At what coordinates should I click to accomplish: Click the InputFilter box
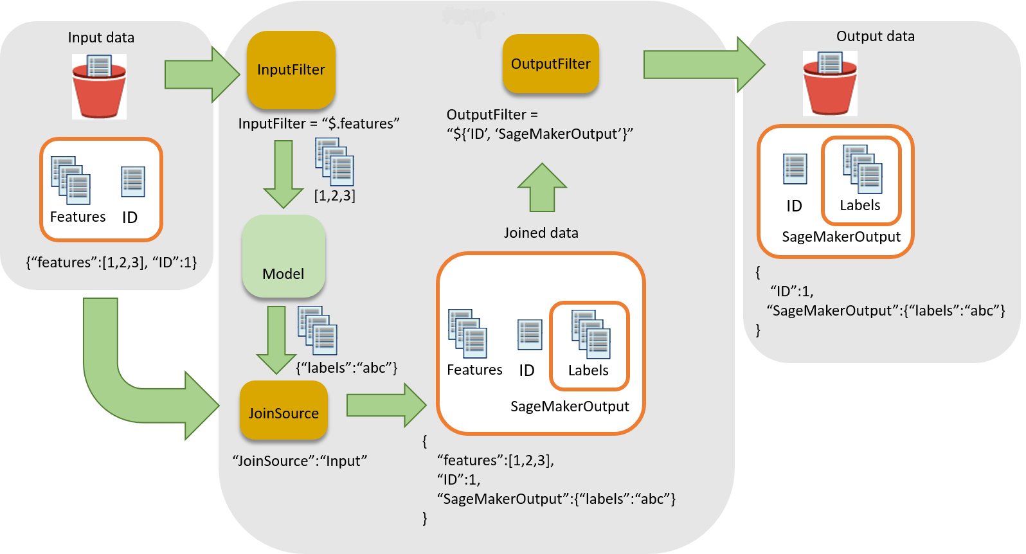pyautogui.click(x=291, y=69)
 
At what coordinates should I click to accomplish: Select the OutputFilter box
pyautogui.click(x=550, y=64)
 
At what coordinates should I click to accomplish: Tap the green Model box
pyautogui.click(x=283, y=256)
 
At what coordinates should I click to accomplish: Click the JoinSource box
pyautogui.click(x=283, y=411)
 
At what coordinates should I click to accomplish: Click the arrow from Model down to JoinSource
pyautogui.click(x=276, y=339)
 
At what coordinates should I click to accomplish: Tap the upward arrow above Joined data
pyautogui.click(x=542, y=188)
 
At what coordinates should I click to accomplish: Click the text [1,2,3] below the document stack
pyautogui.click(x=334, y=195)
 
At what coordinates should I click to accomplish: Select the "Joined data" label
pyautogui.click(x=541, y=233)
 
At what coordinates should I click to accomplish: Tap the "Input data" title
pyautogui.click(x=101, y=37)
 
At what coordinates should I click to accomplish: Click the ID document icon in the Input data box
pyautogui.click(x=132, y=182)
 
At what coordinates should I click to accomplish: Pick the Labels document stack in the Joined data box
pyautogui.click(x=590, y=334)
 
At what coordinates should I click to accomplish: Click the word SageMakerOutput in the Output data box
pyautogui.click(x=841, y=237)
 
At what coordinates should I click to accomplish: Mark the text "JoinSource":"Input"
pyautogui.click(x=299, y=461)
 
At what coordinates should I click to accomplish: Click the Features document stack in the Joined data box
pyautogui.click(x=467, y=333)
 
